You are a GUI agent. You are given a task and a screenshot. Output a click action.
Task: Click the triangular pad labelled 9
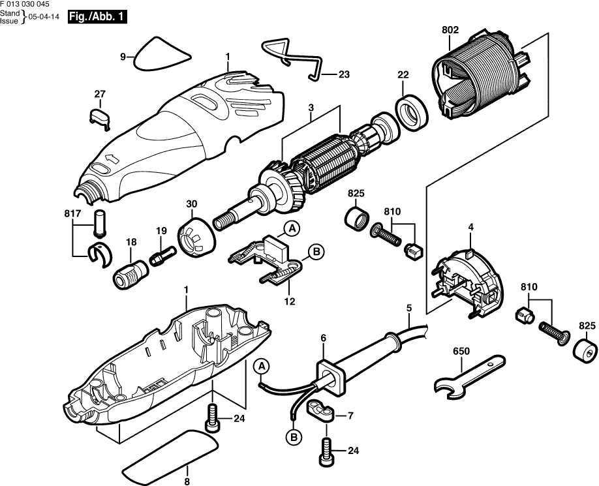161,54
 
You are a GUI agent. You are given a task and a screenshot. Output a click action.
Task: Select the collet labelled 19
162,252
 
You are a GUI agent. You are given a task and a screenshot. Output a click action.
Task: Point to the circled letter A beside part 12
292,228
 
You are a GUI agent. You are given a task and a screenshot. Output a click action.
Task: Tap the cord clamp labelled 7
322,411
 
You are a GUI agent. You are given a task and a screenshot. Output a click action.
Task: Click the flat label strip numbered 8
169,455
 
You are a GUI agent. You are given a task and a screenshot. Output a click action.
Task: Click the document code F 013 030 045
25,5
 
